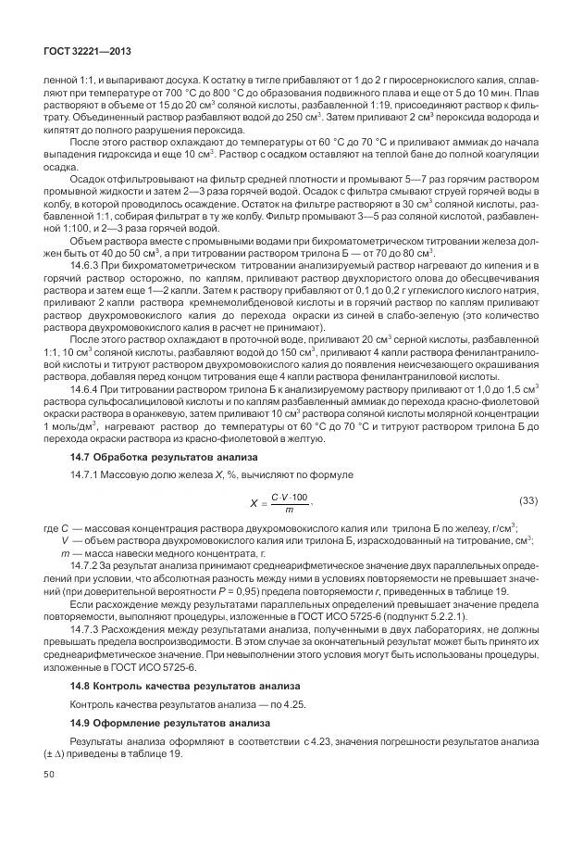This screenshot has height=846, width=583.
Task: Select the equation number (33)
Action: [x=527, y=502]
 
